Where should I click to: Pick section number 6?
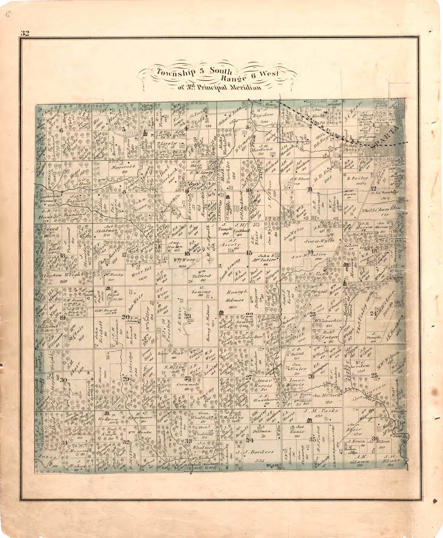point(61,130)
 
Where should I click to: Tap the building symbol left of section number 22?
point(221,313)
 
